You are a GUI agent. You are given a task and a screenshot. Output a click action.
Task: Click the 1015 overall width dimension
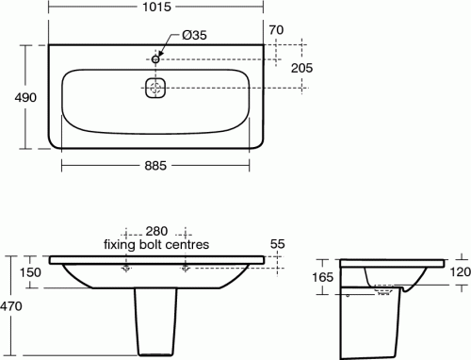156,7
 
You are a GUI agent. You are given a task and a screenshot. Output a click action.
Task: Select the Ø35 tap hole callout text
194,35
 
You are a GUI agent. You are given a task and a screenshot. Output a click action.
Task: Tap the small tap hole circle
155,59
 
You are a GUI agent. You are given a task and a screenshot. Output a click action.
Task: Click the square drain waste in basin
155,88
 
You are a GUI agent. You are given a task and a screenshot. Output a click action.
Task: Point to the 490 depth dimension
25,97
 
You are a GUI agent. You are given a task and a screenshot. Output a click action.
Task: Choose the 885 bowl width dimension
155,166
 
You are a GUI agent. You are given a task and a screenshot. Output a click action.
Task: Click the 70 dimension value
276,30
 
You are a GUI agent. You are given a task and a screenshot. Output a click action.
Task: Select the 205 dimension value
301,68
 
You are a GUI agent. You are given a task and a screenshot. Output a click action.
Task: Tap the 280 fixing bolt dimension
156,231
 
